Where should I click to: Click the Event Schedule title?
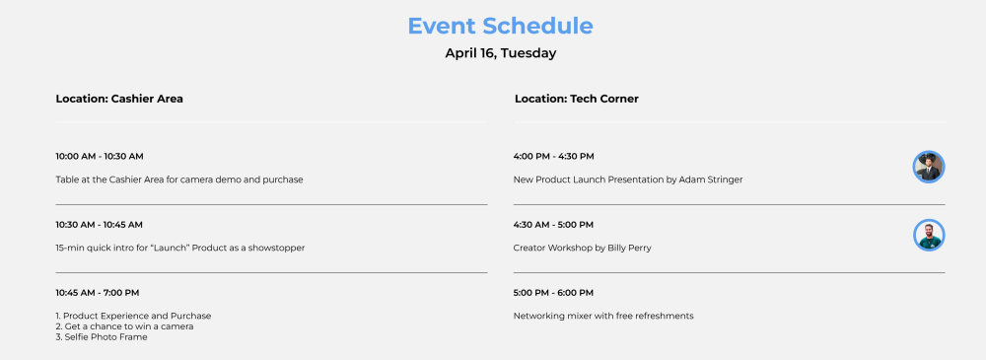(x=501, y=27)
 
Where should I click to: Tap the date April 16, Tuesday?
(x=501, y=53)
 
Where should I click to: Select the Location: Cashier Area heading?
(x=119, y=99)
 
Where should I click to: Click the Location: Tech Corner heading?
(x=577, y=99)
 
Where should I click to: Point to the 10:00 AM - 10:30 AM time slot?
(x=100, y=156)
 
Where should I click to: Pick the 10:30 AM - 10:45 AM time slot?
(x=100, y=225)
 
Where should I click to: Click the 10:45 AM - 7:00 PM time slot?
(x=98, y=293)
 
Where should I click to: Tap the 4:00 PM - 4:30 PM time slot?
(x=554, y=156)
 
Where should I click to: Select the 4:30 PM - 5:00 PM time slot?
(x=553, y=225)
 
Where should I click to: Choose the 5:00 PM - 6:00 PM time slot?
(x=553, y=293)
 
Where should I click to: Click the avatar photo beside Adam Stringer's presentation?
(x=929, y=167)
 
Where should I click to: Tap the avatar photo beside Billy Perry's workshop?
(x=929, y=235)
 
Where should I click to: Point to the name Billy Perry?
(x=629, y=248)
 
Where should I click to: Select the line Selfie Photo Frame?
(x=102, y=337)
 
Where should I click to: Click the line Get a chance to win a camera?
(x=124, y=326)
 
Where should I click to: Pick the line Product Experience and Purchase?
(x=133, y=316)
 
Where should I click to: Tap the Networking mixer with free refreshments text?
(x=603, y=316)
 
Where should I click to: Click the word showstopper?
(x=277, y=248)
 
